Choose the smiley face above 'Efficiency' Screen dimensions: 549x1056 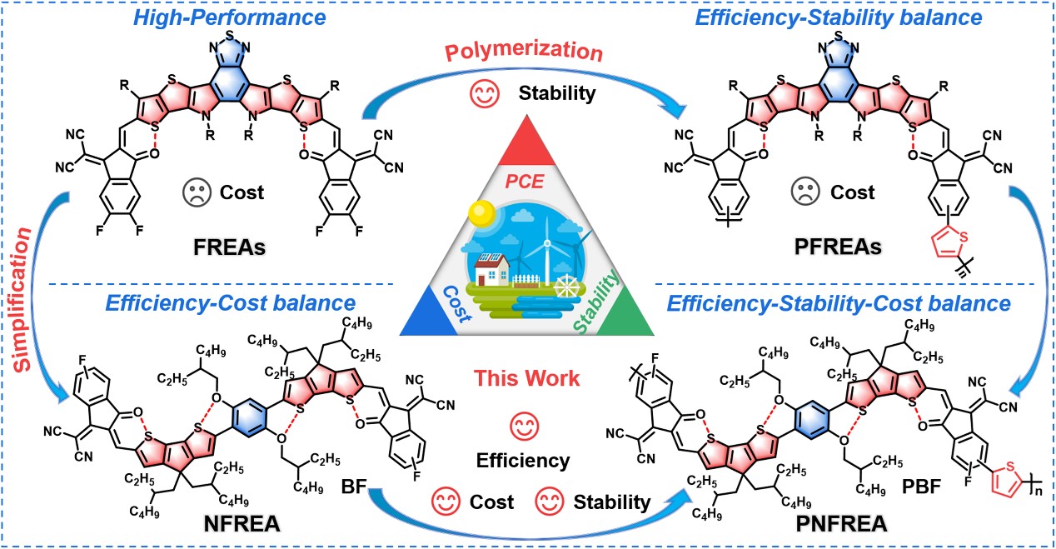[x=522, y=428]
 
